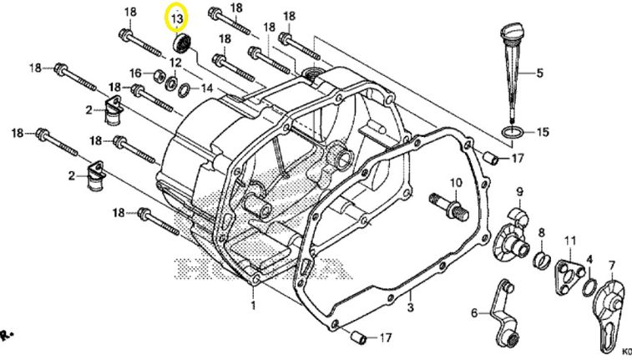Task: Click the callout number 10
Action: point(456,183)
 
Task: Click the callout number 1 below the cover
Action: point(254,306)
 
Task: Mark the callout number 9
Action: point(518,192)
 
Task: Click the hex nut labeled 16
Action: point(154,75)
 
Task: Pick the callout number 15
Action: point(543,132)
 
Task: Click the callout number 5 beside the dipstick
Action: point(539,74)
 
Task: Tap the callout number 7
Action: point(611,266)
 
